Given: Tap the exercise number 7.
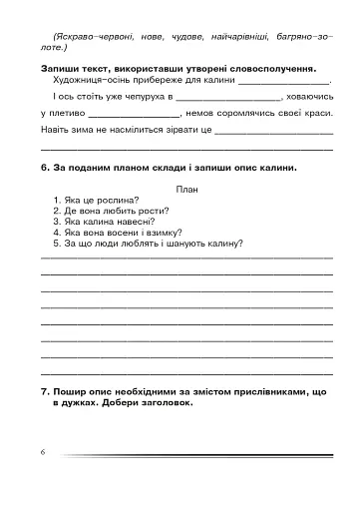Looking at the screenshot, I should point(45,393).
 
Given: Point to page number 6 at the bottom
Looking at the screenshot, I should point(44,452).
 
